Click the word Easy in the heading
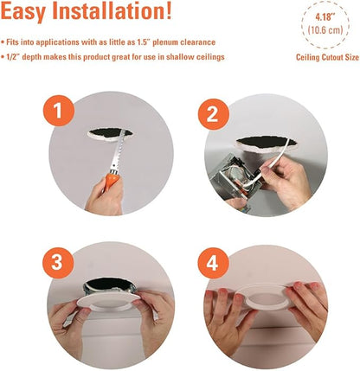click(x=23, y=11)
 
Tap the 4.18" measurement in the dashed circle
click(x=325, y=17)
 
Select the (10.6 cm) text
click(x=325, y=30)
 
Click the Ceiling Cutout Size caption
click(x=327, y=57)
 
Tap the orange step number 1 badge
click(x=59, y=111)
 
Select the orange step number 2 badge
click(x=214, y=114)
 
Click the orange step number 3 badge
click(x=58, y=262)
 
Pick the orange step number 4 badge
click(x=214, y=263)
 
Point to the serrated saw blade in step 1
click(x=119, y=151)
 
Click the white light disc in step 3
click(x=108, y=301)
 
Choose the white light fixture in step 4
click(x=266, y=297)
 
